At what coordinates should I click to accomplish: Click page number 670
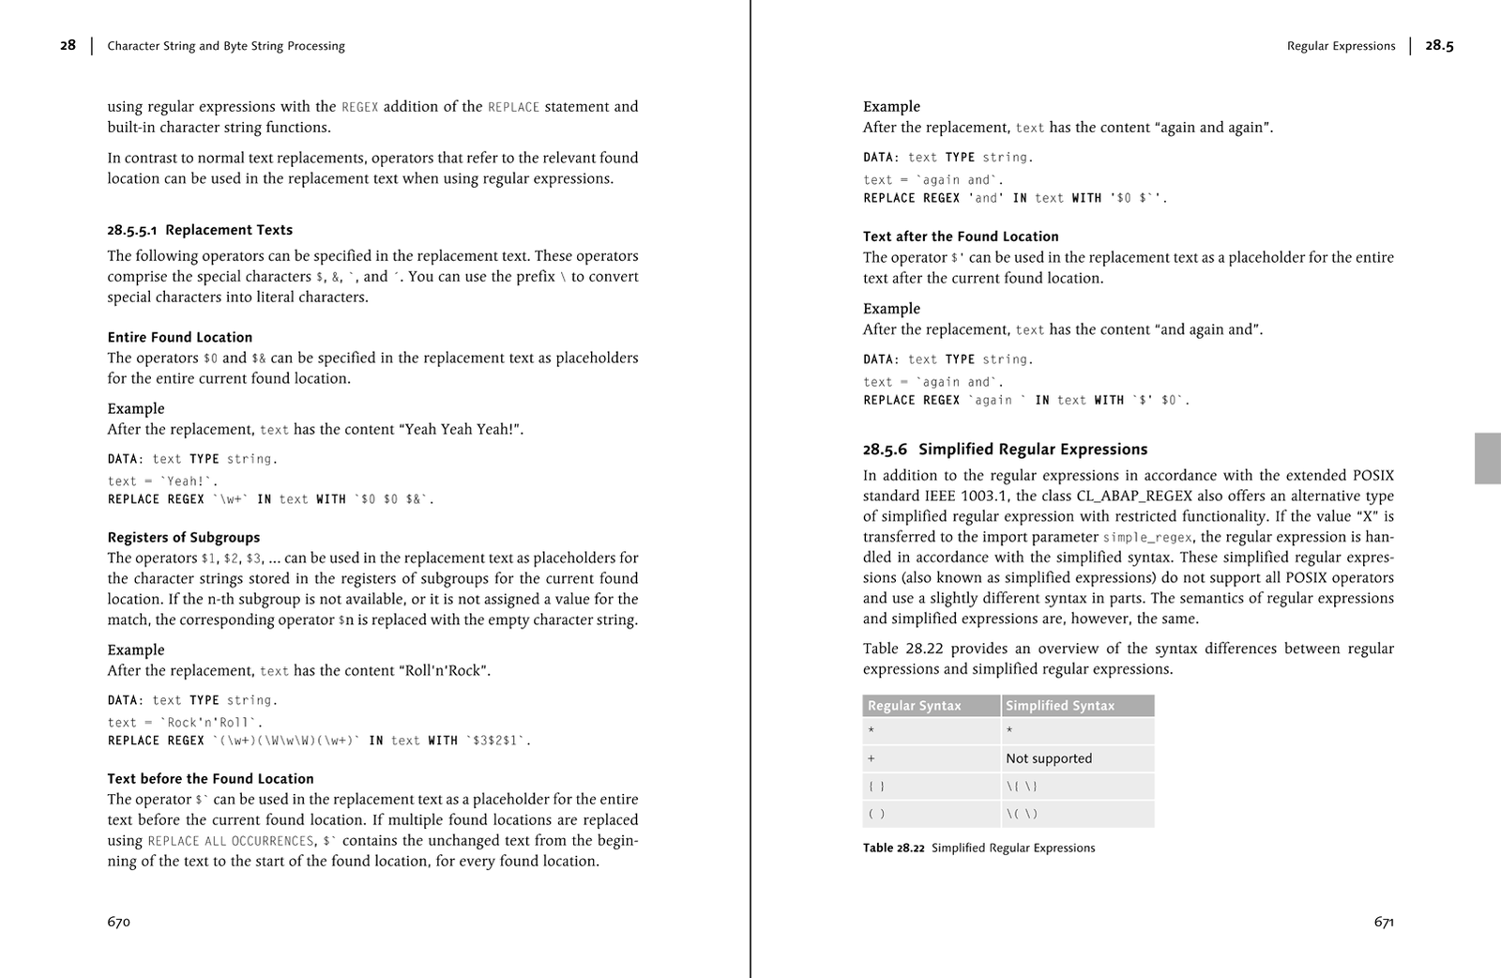118,922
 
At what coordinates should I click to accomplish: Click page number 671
1384,922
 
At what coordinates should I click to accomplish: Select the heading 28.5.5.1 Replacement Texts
200,230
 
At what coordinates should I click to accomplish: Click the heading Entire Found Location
179,337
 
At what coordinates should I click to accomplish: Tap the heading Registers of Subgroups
183,538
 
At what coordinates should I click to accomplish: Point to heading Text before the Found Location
210,779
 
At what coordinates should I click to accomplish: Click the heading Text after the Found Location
961,237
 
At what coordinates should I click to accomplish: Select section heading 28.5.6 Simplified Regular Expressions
1005,450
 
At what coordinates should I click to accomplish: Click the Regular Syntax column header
915,706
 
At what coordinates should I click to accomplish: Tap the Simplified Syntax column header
1060,706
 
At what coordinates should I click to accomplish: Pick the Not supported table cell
1049,758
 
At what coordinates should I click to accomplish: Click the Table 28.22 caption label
893,848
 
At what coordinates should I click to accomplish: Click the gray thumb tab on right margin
1487,458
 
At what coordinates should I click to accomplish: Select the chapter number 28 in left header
68,45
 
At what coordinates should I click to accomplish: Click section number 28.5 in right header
1439,45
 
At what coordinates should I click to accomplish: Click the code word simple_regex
1147,538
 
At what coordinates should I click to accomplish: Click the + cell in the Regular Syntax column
872,758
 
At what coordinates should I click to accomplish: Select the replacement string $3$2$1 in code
496,741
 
